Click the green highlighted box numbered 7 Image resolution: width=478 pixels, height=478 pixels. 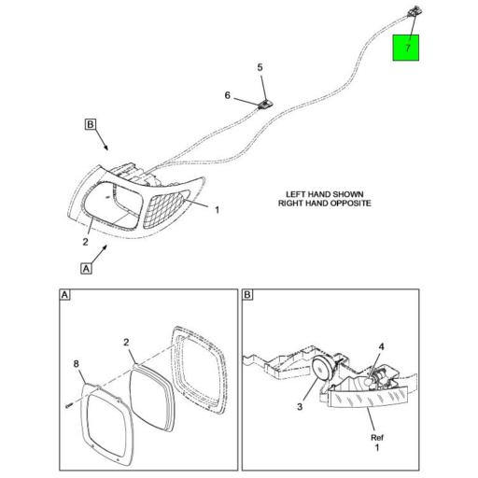tap(406, 47)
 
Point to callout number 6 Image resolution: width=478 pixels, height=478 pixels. tap(227, 95)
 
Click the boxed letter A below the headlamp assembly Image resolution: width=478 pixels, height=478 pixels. tap(87, 268)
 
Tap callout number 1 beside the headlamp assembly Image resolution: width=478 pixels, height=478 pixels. tap(217, 210)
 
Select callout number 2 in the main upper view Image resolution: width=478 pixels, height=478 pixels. tap(85, 242)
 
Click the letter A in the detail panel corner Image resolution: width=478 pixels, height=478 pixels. tap(64, 296)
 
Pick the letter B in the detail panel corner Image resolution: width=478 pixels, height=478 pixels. tap(247, 296)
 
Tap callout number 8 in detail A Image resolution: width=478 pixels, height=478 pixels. tap(77, 363)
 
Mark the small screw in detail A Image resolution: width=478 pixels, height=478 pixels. tap(69, 405)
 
